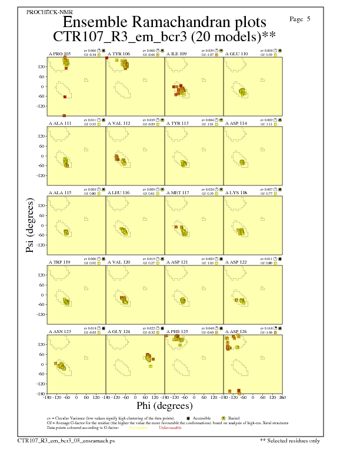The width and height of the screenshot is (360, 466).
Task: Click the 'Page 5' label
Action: click(x=300, y=19)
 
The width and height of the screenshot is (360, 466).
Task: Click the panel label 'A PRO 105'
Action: click(x=59, y=54)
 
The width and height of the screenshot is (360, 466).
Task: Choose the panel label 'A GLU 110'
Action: click(x=236, y=54)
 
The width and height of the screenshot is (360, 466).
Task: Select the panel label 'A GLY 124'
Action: click(x=119, y=331)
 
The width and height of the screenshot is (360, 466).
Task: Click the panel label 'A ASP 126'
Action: click(x=236, y=331)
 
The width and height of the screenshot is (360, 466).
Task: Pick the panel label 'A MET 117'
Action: click(x=178, y=192)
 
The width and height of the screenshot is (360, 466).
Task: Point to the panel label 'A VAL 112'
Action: click(x=119, y=123)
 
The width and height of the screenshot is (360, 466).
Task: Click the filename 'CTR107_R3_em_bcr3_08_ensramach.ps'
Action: click(x=66, y=440)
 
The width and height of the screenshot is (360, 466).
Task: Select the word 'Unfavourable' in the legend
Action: click(x=171, y=427)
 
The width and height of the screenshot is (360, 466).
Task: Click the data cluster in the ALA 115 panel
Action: click(x=66, y=232)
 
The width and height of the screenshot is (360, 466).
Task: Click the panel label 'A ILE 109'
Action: click(x=176, y=54)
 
